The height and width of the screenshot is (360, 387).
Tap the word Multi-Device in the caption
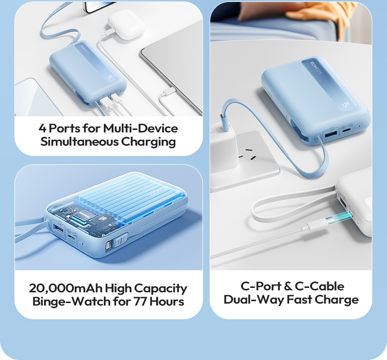[x=140, y=129]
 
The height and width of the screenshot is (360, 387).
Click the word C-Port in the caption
[x=260, y=286]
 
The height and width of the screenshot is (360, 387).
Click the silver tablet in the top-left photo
[x=171, y=64]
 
